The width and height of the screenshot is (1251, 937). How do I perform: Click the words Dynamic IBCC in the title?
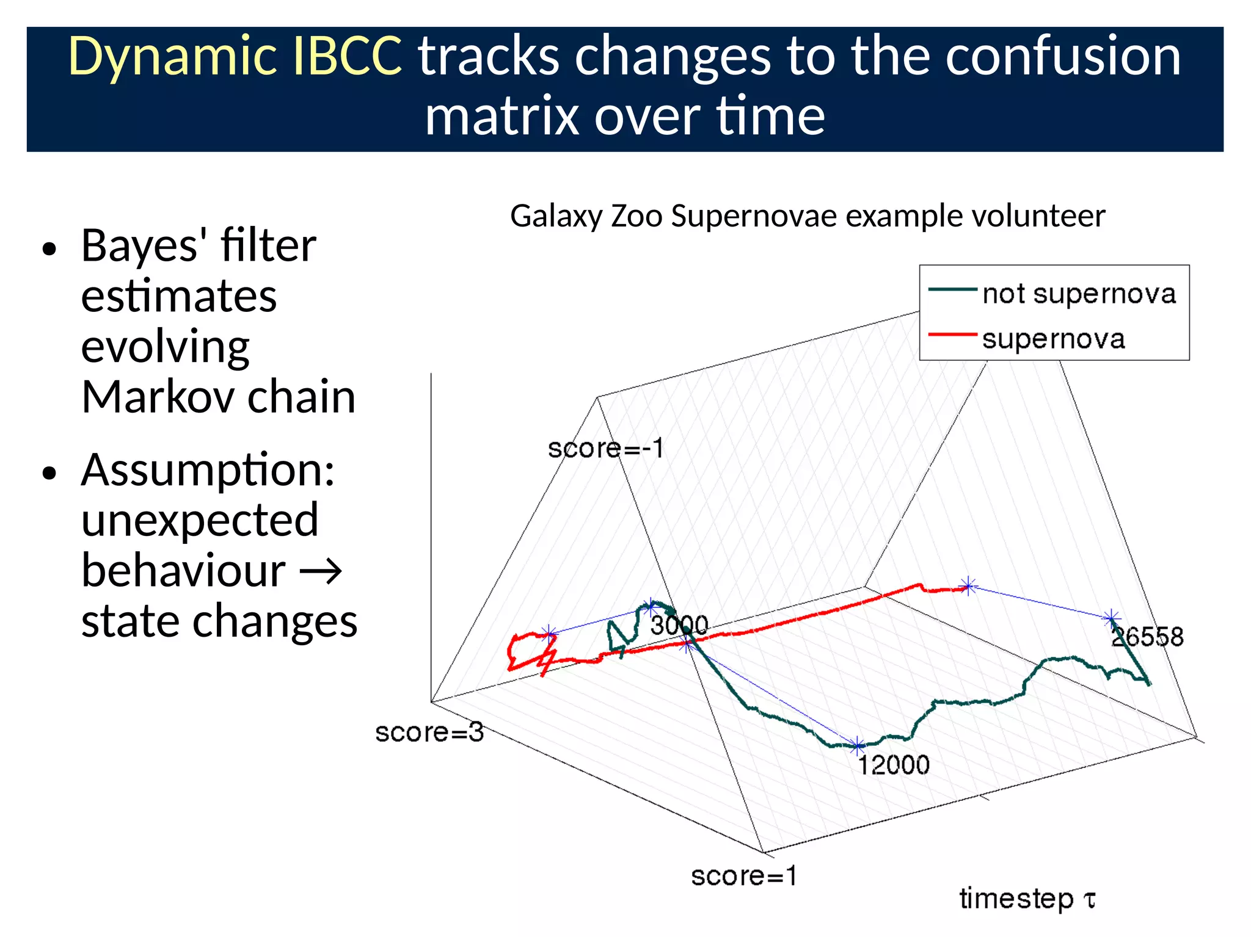point(235,56)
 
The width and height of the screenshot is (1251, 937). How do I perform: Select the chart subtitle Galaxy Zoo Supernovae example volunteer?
point(807,216)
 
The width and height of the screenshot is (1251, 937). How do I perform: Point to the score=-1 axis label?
point(605,449)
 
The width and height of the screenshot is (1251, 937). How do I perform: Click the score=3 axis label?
point(429,732)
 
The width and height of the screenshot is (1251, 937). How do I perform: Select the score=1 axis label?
point(743,876)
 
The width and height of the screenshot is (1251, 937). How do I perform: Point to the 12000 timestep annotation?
point(893,765)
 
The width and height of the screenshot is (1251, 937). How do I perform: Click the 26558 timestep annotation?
point(1147,637)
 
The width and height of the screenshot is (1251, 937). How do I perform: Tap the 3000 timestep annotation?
point(679,625)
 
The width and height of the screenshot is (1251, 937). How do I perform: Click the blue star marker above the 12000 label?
point(858,745)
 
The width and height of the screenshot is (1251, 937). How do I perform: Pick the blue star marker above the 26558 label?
point(1111,618)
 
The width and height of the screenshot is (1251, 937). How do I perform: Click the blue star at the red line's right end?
point(968,587)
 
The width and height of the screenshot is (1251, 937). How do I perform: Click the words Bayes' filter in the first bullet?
point(199,245)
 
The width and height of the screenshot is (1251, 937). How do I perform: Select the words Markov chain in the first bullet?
point(218,397)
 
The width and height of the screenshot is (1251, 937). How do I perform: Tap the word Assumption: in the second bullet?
point(208,470)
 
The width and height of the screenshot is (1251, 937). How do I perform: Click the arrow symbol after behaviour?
point(320,571)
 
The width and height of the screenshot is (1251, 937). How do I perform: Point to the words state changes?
point(219,621)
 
